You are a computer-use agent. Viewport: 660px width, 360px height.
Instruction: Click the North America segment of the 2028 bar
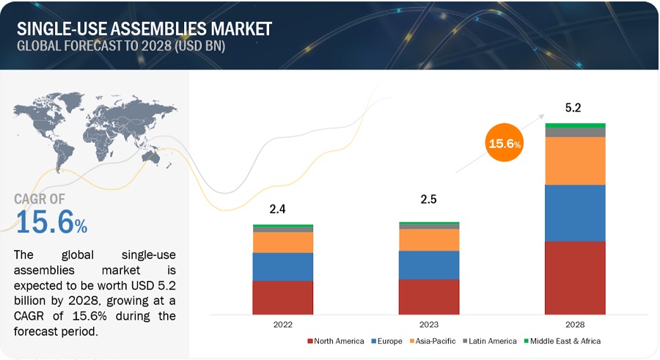(x=576, y=278)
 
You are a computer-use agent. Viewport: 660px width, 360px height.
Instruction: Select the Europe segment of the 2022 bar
(x=282, y=267)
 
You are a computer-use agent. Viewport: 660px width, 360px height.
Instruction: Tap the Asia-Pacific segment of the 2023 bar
(x=429, y=240)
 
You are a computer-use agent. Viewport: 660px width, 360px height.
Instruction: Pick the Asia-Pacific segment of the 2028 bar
(x=576, y=161)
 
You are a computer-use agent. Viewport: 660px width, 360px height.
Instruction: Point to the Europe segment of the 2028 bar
(x=576, y=213)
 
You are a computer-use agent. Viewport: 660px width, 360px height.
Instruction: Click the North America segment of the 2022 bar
(x=282, y=298)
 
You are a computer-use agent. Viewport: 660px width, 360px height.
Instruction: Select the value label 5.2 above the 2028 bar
(x=574, y=108)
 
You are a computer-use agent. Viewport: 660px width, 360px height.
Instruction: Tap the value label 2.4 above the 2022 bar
(x=277, y=210)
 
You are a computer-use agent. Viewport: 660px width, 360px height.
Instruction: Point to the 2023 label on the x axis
(x=429, y=324)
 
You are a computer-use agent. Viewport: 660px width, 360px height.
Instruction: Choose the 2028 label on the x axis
(x=576, y=324)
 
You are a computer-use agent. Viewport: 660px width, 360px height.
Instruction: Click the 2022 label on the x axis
(x=282, y=324)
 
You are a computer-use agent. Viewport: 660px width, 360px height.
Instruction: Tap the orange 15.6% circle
(x=505, y=144)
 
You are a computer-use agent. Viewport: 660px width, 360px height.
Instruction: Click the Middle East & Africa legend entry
(x=562, y=341)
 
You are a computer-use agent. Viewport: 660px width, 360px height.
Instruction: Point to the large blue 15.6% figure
(x=51, y=223)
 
